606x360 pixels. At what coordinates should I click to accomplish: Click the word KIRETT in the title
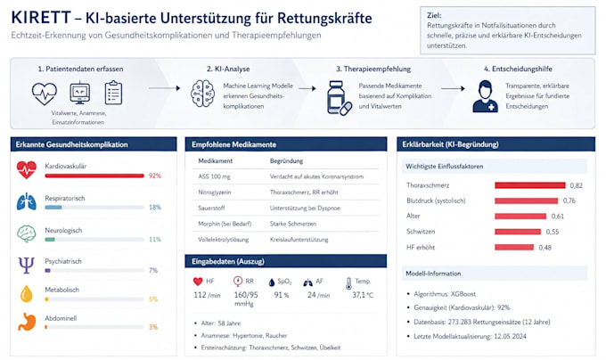tap(41, 18)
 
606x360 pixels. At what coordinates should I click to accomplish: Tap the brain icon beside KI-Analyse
tap(202, 94)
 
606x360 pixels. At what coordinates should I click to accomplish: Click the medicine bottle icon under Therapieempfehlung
tap(339, 98)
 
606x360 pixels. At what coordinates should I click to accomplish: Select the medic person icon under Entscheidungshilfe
tap(485, 96)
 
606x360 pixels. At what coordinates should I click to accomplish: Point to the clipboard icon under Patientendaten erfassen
tap(114, 93)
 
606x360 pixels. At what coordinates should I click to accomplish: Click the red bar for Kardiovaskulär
tap(94, 176)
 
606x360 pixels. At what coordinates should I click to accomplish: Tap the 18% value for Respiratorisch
tap(155, 207)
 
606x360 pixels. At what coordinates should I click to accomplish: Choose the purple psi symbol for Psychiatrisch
tap(26, 265)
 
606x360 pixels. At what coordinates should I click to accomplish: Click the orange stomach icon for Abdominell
tap(27, 322)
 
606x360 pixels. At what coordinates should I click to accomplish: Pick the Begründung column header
tap(286, 160)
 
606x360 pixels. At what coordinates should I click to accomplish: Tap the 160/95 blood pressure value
tap(246, 295)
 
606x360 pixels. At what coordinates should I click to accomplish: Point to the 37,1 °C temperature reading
tap(363, 295)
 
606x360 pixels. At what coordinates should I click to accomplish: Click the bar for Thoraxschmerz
tap(530, 185)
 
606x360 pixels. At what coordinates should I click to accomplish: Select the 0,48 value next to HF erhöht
tap(545, 247)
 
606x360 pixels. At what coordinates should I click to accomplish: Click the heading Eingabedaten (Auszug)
tap(228, 261)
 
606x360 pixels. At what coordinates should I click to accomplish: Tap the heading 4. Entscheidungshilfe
tap(518, 69)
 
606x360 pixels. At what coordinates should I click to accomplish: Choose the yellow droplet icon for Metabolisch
tap(26, 293)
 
